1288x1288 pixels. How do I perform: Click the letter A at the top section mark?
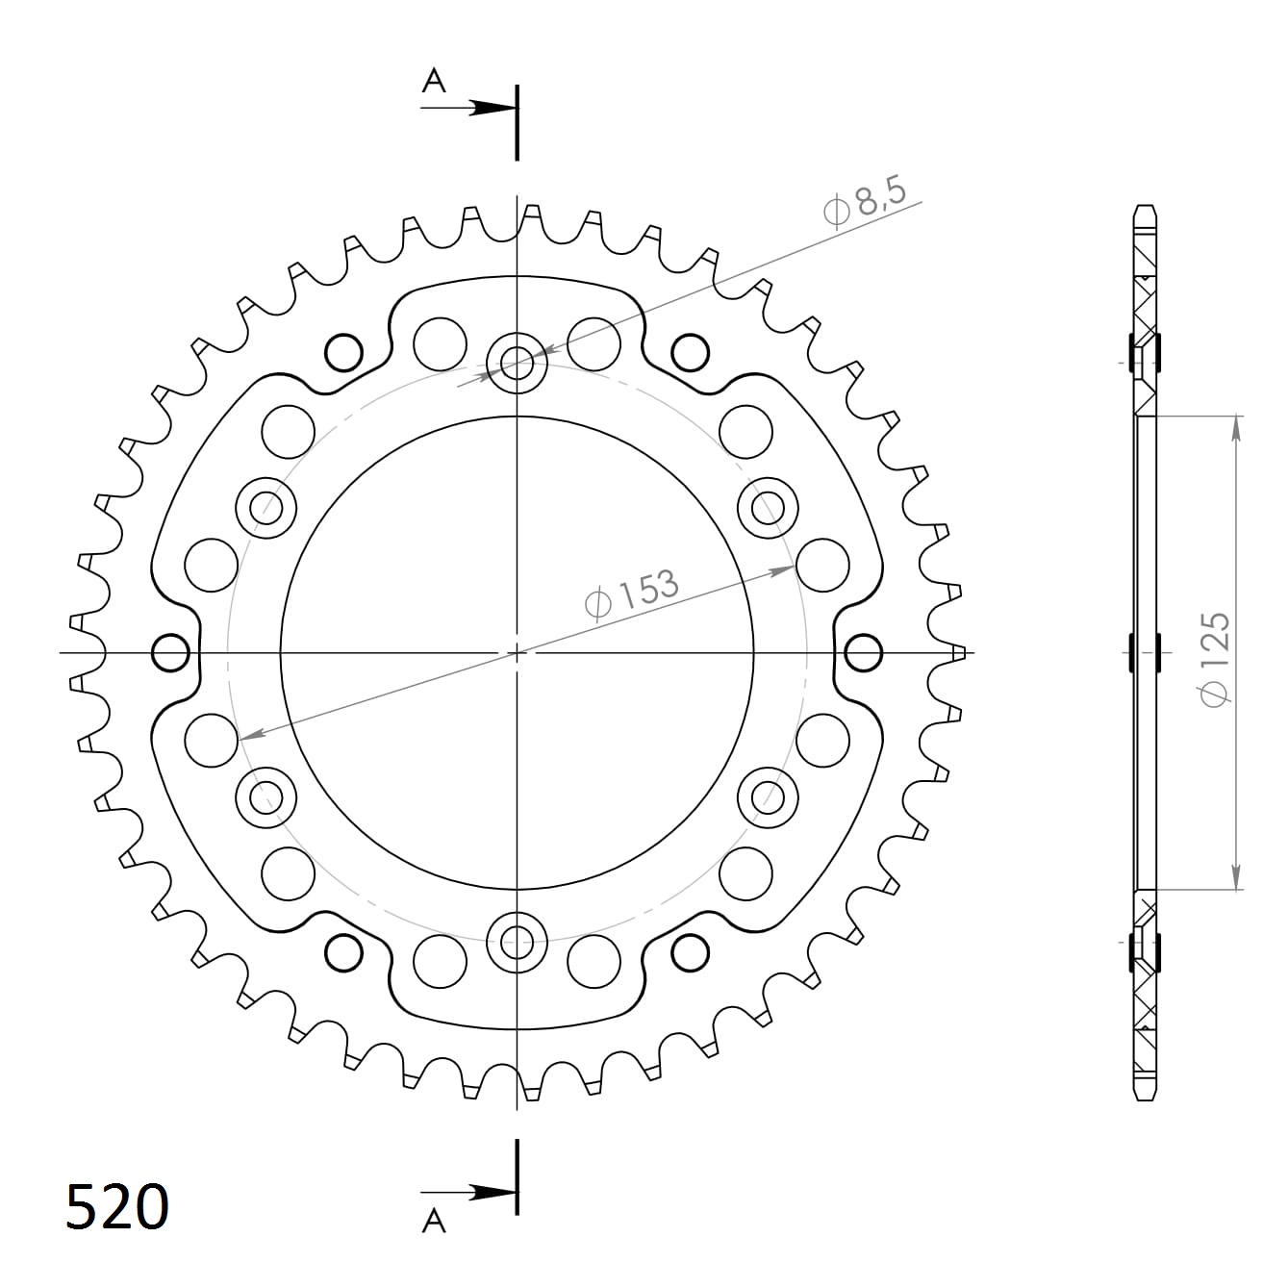[x=435, y=82]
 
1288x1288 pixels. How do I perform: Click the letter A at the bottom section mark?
[x=435, y=1222]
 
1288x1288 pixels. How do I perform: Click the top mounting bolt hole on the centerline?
[x=518, y=363]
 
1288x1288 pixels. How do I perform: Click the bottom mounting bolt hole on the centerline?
[x=518, y=941]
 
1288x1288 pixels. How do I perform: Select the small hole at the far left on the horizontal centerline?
[x=170, y=653]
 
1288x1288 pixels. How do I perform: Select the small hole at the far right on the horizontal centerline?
[x=863, y=653]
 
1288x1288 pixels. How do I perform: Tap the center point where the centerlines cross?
[x=518, y=653]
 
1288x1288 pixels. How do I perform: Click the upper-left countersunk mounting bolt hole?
[x=266, y=507]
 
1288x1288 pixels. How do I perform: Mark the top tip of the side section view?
[x=1145, y=209]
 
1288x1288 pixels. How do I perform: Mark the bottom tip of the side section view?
[x=1145, y=1098]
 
